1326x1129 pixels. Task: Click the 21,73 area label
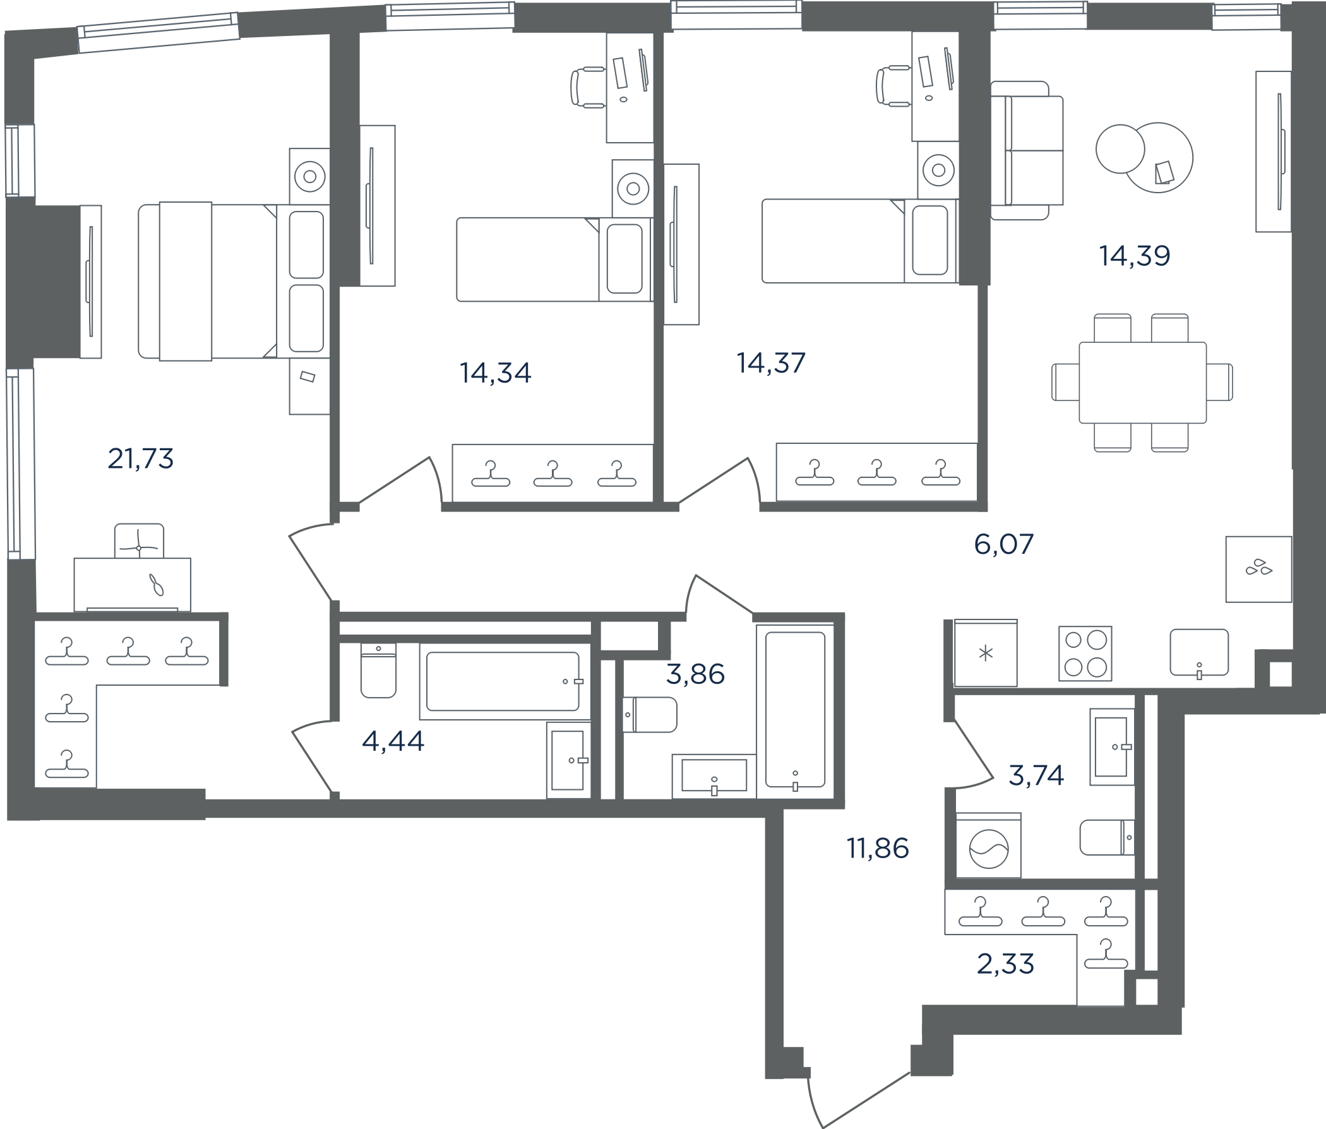pos(141,459)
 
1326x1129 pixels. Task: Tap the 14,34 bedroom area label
pos(495,373)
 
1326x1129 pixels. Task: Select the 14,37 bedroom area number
pos(771,363)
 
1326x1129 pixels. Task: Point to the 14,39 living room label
pos(1135,256)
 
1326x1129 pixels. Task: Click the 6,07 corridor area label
pos(1003,544)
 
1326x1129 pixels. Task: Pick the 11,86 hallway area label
pos(878,849)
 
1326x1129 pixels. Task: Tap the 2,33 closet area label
pos(1005,964)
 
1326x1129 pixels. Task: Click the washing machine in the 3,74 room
pos(989,845)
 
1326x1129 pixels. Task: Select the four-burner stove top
pos(1085,653)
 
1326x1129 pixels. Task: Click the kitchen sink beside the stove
pos(1199,652)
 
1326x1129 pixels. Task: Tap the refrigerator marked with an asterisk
pos(986,653)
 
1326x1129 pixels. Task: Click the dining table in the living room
pos(1142,383)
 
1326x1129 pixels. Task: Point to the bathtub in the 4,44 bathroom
pos(505,681)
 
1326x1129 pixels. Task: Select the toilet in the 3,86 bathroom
pos(650,714)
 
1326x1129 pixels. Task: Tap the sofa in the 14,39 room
pos(1027,150)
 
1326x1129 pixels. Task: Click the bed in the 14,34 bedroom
pos(554,260)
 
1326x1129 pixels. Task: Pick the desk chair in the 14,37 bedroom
pos(893,86)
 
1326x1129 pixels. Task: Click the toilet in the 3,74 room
pos(1107,837)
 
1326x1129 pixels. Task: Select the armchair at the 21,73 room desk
pos(139,541)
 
